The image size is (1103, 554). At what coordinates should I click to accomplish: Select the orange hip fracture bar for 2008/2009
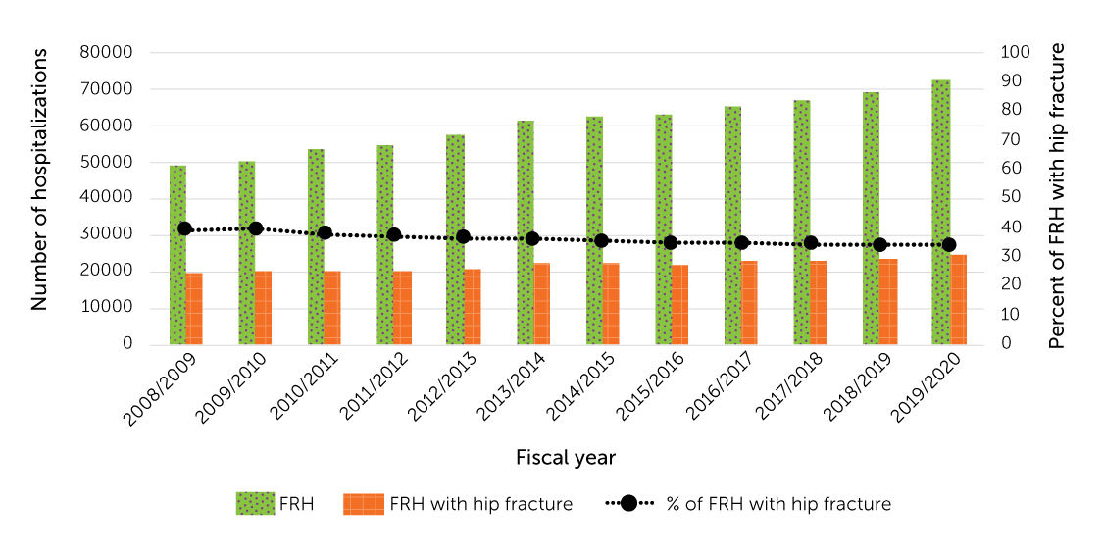(x=194, y=309)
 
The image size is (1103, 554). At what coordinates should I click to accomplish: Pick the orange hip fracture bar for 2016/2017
(x=749, y=303)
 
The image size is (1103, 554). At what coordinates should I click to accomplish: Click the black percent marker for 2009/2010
(x=255, y=228)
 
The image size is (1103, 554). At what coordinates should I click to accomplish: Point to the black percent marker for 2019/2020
(x=949, y=245)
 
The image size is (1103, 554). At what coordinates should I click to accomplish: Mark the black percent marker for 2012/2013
(x=464, y=237)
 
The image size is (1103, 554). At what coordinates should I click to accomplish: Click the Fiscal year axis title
(x=565, y=458)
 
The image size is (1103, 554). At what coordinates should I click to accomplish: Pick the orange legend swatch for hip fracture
(x=363, y=504)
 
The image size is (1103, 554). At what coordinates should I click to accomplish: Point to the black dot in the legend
(x=628, y=504)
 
